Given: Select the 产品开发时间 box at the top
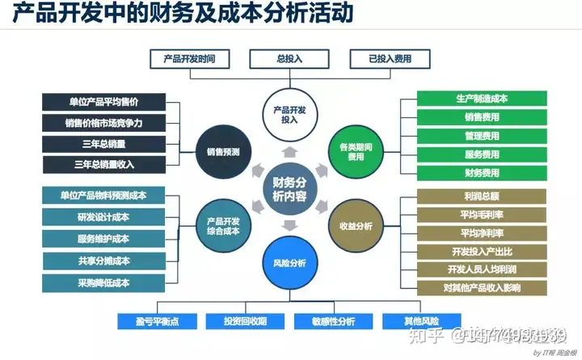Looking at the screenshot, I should pos(189,59).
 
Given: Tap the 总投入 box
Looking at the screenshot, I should pos(289,59).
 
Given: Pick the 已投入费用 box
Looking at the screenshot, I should pos(390,59).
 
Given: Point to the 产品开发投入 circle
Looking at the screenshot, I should pos(288,114).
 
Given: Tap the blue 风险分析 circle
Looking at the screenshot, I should pos(289,263).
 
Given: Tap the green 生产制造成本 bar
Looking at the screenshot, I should pos(482,99).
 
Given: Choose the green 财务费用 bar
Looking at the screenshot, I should pos(482,173).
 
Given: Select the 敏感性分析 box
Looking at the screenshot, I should pos(333,321).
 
